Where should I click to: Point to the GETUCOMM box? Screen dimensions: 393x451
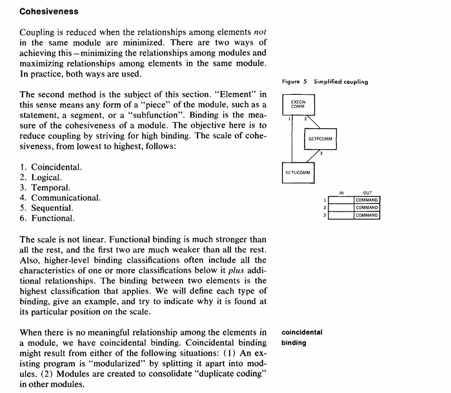click(297, 172)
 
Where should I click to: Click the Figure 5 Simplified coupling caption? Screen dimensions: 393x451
click(325, 82)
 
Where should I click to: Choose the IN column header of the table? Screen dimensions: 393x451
click(341, 193)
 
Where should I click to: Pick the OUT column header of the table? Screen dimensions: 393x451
click(367, 193)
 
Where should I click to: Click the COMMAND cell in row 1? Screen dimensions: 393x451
click(366, 200)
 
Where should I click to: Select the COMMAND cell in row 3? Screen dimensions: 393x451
click(366, 215)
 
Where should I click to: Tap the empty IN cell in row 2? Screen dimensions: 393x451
click(341, 208)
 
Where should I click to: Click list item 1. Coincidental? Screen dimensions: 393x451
click(51, 167)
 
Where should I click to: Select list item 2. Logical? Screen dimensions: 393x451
click(41, 177)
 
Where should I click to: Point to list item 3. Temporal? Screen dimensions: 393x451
click(45, 188)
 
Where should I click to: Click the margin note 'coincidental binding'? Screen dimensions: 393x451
click(303, 338)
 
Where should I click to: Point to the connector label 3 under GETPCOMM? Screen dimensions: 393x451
click(321, 154)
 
